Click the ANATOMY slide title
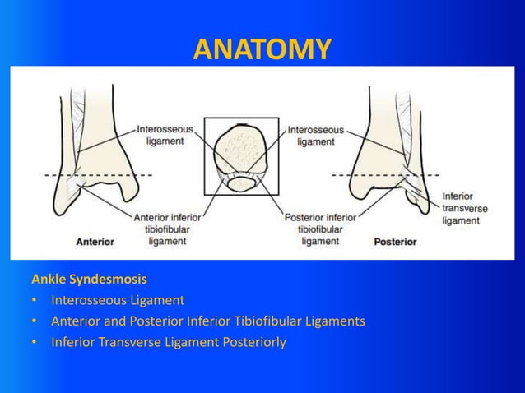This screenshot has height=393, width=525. tap(262, 49)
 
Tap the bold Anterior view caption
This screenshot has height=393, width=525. tap(95, 242)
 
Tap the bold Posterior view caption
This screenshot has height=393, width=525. tap(395, 242)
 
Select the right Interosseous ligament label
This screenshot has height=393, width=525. tap(316, 135)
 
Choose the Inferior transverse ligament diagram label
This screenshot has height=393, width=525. tap(465, 209)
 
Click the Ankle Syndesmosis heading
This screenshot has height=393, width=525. tap(89, 279)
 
